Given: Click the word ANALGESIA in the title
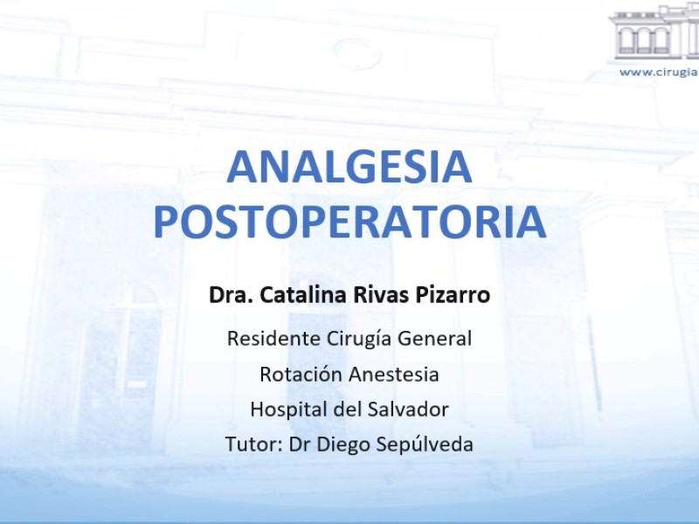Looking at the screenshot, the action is pyautogui.click(x=349, y=167).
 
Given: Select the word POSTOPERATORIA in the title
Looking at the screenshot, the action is pyautogui.click(x=350, y=222).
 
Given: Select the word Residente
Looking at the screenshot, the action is pyautogui.click(x=273, y=338).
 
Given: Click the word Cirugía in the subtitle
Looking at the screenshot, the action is pyautogui.click(x=358, y=339).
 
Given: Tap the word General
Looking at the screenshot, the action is pyautogui.click(x=434, y=338).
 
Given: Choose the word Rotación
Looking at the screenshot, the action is pyautogui.click(x=301, y=374).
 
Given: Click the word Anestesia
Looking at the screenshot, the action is pyautogui.click(x=394, y=374).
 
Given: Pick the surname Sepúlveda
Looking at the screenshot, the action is pyautogui.click(x=425, y=445).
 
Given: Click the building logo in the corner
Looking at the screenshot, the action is pyautogui.click(x=654, y=32).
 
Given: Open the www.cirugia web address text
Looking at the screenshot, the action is pyautogui.click(x=659, y=72).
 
